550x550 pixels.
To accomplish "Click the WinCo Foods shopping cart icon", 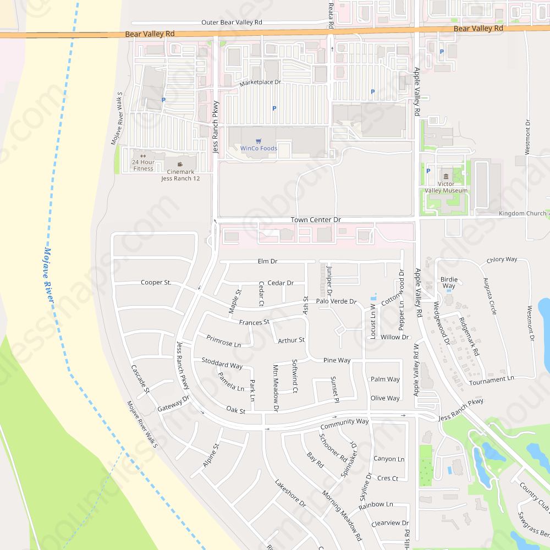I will click(x=258, y=141).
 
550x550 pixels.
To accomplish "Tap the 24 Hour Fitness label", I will click(x=143, y=166).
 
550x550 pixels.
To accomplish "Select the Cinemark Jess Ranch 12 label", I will click(x=180, y=175).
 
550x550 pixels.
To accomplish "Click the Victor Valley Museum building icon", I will click(x=445, y=176).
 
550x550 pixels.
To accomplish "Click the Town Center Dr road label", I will click(x=316, y=220).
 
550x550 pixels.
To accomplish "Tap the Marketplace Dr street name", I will click(x=260, y=82).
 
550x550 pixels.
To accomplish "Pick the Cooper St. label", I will click(x=156, y=283).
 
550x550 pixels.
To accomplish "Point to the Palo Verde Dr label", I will click(x=336, y=302).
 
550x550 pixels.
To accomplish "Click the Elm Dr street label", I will click(x=267, y=261).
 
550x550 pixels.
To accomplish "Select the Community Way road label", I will click(x=344, y=424).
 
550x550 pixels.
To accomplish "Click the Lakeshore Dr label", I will click(x=290, y=492).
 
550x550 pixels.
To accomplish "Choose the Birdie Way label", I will click(x=449, y=283).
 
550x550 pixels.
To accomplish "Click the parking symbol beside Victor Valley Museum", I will click(x=428, y=171).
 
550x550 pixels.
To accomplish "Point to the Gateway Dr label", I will click(x=173, y=404).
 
